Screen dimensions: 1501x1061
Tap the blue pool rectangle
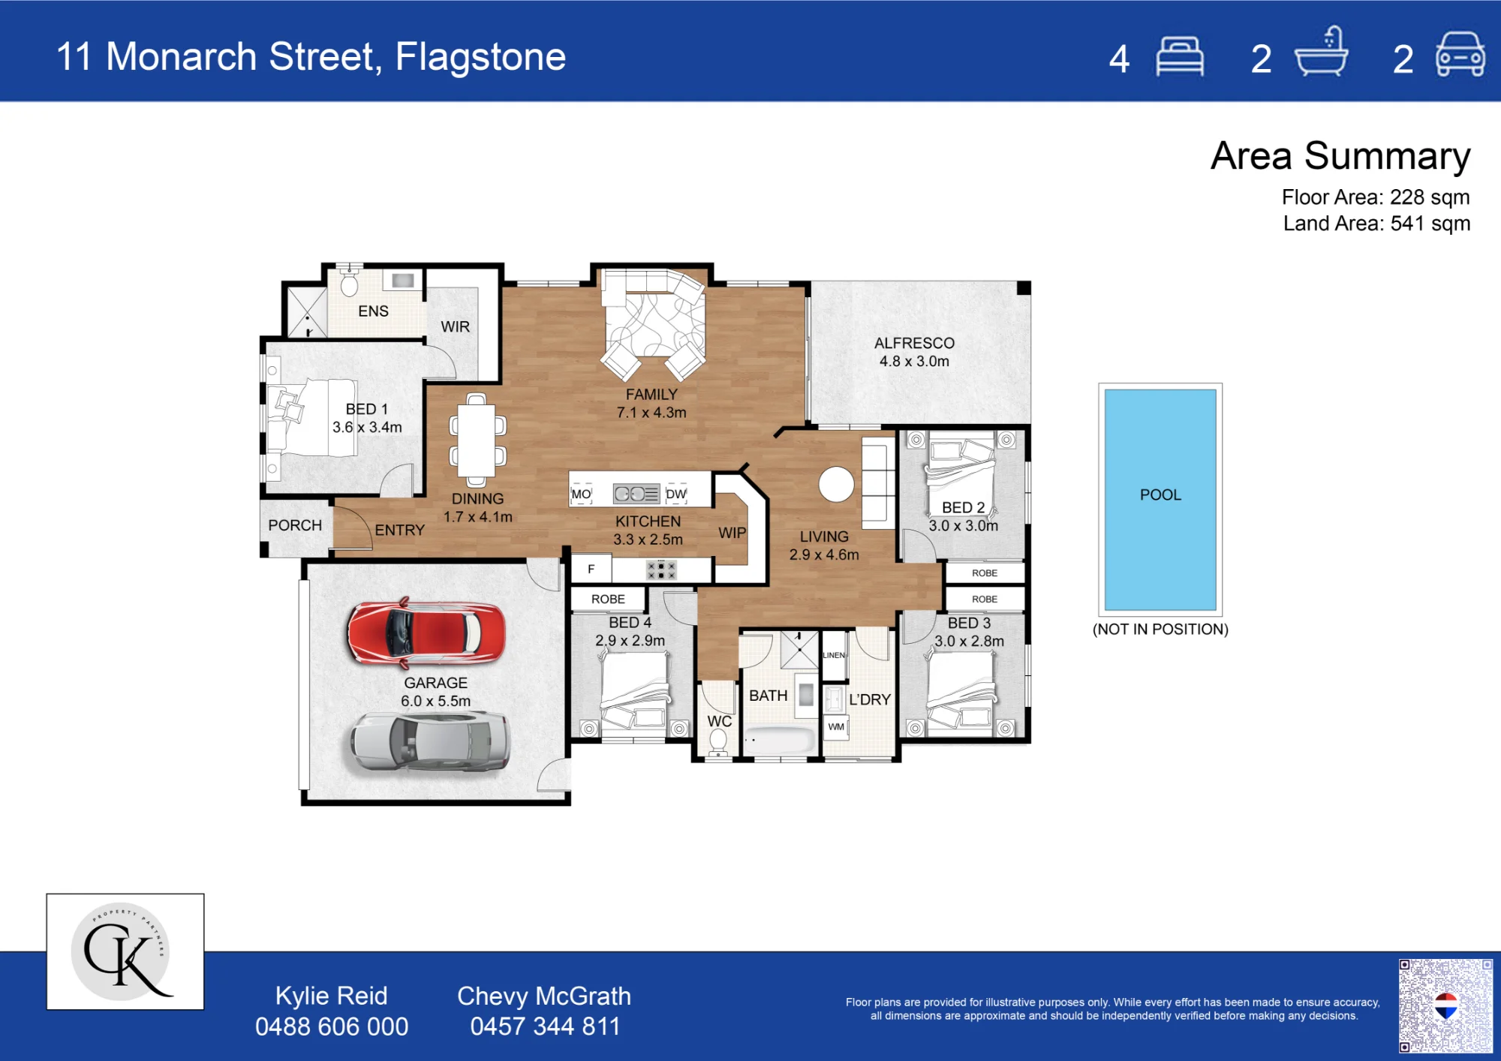1160,499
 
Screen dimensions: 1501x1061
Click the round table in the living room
836,484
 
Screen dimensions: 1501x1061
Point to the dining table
477,440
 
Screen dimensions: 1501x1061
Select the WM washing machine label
836,726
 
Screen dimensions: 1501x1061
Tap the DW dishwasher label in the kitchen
676,494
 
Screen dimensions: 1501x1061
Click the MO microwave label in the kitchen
581,494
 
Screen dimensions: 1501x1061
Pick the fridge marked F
591,569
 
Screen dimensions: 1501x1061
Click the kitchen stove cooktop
661,570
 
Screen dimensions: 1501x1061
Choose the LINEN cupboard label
834,655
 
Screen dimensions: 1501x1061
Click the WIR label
455,326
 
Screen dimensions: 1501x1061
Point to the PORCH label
295,525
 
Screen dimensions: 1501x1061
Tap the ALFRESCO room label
914,343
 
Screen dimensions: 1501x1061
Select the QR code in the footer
1445,1005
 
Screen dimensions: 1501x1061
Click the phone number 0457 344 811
545,1026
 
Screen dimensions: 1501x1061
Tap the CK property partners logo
125,951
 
